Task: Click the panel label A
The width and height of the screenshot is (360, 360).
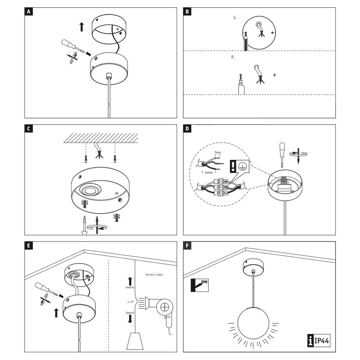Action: coord(28,12)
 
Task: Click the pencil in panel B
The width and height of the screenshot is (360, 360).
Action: coord(245,41)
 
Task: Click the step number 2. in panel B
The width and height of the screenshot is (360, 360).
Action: coord(233,57)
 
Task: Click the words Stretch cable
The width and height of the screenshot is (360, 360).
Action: coord(154,274)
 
